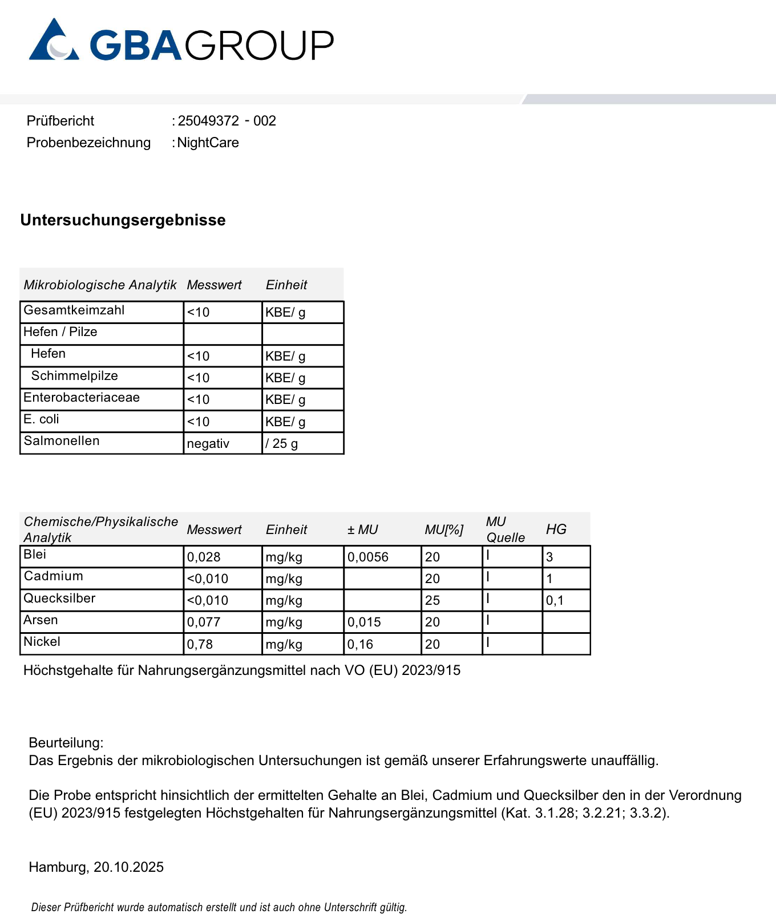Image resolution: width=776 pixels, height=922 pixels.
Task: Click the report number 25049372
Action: point(208,121)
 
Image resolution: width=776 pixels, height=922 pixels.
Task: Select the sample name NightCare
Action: point(208,143)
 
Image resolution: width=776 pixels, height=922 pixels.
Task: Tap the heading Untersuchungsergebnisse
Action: point(123,220)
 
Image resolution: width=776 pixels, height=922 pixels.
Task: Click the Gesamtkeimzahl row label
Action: point(74,310)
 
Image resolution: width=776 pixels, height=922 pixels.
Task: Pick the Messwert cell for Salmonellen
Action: point(208,444)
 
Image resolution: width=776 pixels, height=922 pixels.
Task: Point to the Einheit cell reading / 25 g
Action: point(282,444)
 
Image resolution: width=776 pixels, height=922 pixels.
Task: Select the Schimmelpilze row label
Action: point(75,376)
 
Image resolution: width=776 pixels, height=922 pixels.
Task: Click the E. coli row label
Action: point(41,419)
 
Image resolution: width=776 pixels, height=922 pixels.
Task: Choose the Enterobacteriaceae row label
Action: point(82,398)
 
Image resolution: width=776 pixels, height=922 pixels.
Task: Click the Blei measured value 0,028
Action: point(204,557)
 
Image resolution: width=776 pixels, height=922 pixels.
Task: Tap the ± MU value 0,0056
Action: point(368,557)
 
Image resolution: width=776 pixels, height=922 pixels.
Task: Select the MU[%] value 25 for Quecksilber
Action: point(433,601)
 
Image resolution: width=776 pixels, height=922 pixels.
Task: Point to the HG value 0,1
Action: point(555,601)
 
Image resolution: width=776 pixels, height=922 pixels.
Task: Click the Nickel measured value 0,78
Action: point(200,645)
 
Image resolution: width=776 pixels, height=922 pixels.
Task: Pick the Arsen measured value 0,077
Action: point(204,622)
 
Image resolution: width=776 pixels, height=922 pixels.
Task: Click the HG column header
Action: point(556,529)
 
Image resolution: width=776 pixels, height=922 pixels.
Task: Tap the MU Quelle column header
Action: point(505,529)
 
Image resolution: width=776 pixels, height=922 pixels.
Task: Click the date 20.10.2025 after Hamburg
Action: point(128,867)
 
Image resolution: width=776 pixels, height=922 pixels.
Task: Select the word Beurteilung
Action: point(66,743)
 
